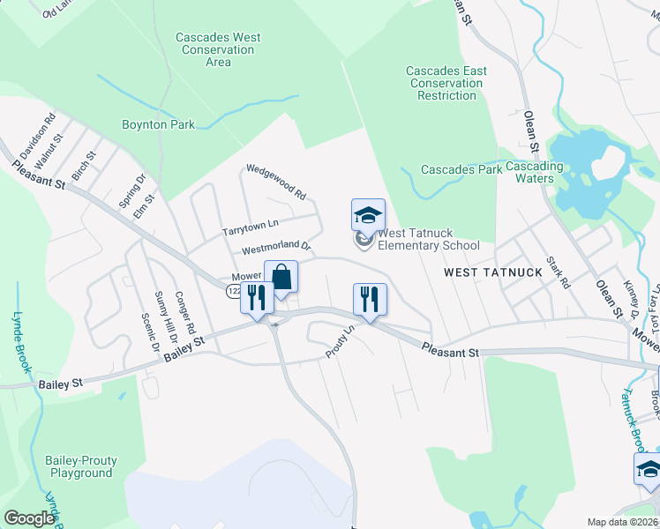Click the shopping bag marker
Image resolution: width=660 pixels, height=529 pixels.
tap(281, 277)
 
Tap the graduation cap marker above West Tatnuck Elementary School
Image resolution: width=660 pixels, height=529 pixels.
tap(368, 215)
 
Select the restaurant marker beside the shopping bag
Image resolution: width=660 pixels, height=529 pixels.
tap(257, 299)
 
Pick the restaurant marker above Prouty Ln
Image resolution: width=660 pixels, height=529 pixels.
tap(368, 299)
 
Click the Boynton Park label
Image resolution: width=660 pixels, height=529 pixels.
tap(159, 125)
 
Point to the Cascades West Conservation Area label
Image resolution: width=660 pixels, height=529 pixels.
tap(218, 50)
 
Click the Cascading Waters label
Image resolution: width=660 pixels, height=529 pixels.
tap(547, 172)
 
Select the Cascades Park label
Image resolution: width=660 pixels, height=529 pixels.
tap(461, 169)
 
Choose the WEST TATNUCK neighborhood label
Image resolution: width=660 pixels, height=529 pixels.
tap(492, 272)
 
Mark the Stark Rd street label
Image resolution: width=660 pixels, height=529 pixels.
tap(559, 272)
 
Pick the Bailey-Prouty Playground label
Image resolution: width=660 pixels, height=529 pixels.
tap(81, 466)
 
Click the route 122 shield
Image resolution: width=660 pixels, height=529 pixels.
tap(234, 291)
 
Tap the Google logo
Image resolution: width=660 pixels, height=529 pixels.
tap(30, 518)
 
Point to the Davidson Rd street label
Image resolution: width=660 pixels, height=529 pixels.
tap(38, 135)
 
